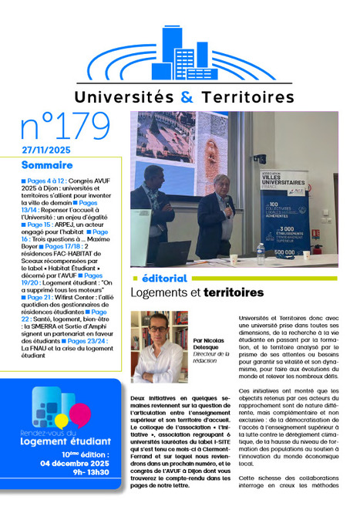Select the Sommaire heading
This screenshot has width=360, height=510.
[x=48, y=165]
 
